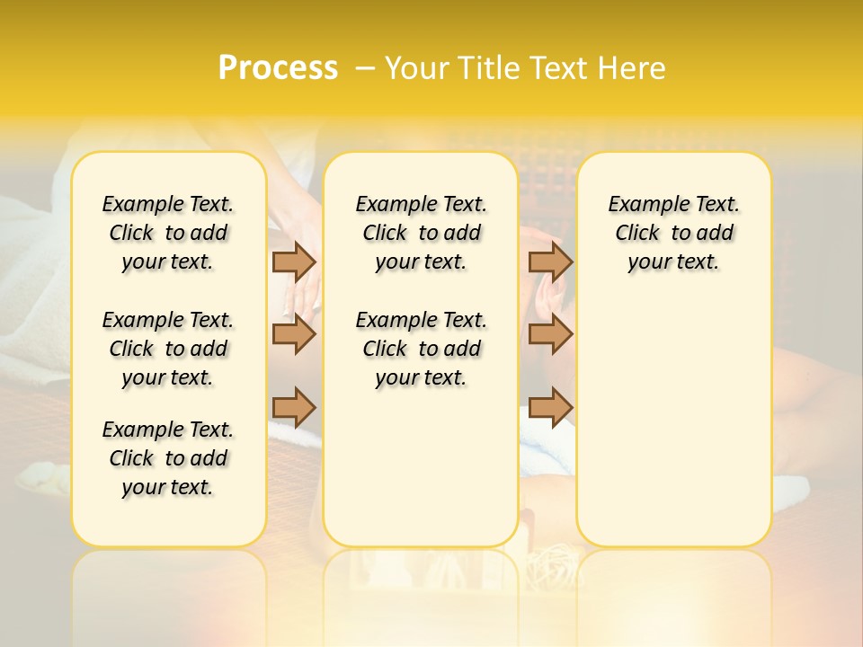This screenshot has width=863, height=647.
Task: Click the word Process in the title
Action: point(278,68)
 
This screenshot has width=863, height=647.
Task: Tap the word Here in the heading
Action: point(631,68)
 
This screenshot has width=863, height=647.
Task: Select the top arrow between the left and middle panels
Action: point(294,261)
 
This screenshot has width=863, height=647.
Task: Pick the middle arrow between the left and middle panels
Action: point(294,335)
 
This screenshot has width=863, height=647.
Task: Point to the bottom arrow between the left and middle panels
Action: point(294,407)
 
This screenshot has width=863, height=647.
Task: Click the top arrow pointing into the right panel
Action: point(550,261)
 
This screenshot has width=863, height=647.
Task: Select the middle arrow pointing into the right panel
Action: point(550,335)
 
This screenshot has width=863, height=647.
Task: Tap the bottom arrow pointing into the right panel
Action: point(550,407)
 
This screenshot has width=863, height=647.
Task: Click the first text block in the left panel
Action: point(168,233)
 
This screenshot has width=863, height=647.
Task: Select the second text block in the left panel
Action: point(168,349)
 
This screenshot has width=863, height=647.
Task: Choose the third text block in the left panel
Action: point(168,458)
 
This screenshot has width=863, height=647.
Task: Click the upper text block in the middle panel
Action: point(421,233)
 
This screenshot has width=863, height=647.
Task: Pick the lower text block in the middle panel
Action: point(421,349)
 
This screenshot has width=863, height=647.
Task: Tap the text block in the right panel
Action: point(673,233)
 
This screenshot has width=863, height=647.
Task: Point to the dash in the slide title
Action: point(365,68)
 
